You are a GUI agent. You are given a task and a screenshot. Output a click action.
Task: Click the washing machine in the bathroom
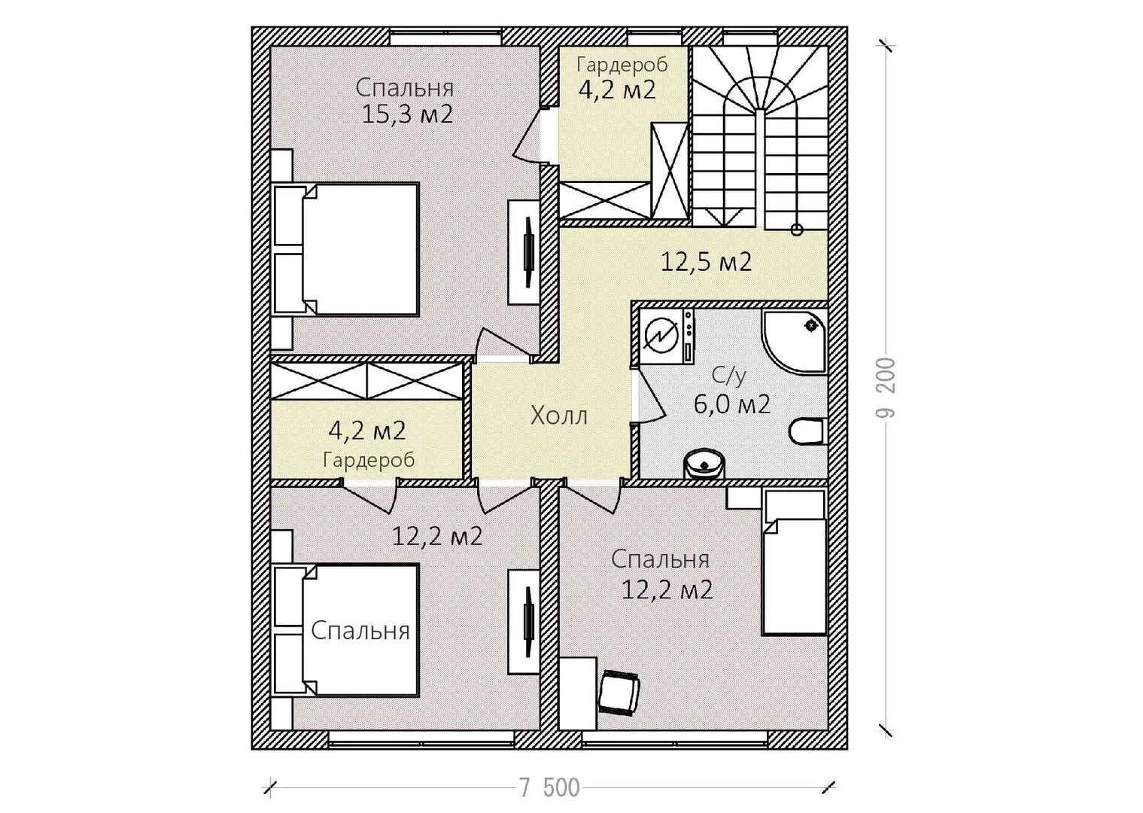pos(667,336)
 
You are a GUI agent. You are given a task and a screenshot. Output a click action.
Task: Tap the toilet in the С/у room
pos(807,431)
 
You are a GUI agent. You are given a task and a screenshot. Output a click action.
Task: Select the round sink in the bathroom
pos(704,464)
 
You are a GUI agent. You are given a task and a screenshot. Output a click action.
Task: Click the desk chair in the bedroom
pos(619,693)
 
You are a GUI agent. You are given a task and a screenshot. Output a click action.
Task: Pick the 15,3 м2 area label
pos(407,114)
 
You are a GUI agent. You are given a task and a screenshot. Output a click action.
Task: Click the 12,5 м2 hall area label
pos(707,262)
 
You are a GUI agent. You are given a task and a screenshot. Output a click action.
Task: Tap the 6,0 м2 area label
pos(731,404)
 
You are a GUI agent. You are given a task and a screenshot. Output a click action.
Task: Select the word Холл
pos(559,416)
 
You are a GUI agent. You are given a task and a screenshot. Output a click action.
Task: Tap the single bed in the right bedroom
pos(794,562)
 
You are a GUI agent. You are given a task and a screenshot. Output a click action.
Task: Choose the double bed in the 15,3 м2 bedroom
pos(346,250)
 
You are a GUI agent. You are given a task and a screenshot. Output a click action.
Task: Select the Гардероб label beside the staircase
pos(622,65)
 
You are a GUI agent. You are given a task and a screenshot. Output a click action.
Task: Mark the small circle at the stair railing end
pos(797,230)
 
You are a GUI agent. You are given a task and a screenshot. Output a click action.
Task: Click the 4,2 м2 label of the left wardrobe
pos(367,431)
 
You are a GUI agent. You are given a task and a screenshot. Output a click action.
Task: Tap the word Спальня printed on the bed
pos(360,631)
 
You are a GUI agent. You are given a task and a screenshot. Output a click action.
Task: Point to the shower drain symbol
pos(811,324)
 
